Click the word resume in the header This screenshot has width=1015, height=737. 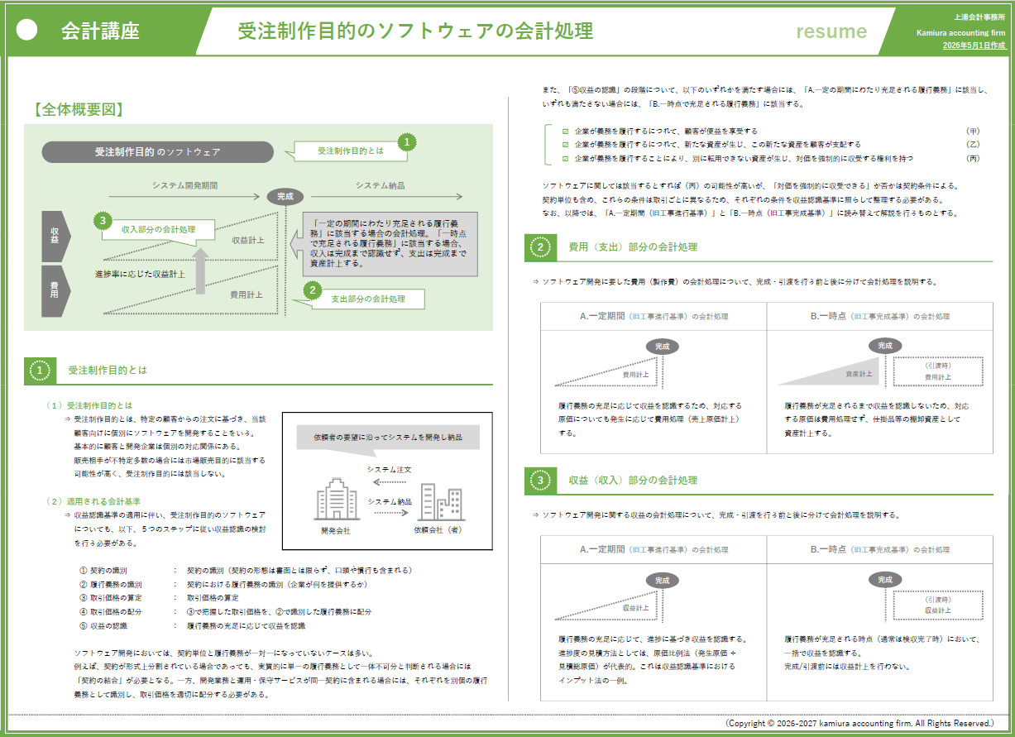831,31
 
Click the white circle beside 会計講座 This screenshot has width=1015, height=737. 26,30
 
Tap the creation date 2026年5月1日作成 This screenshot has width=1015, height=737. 974,45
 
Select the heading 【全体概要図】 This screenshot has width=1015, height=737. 79,109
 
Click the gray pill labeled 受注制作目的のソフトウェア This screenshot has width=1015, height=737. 158,151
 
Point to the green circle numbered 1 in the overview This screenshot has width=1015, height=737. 407,142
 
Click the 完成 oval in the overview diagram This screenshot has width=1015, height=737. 285,196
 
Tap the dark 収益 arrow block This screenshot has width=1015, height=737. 55,236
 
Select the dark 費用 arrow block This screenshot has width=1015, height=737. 55,291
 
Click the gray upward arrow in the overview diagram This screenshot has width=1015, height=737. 200,270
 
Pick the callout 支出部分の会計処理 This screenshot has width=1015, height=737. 368,299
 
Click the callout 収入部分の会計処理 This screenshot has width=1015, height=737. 158,231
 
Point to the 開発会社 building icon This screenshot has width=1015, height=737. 337,499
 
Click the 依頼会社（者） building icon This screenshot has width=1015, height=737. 442,501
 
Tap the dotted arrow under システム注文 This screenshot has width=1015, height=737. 390,481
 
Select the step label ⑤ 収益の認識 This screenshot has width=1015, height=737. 103,626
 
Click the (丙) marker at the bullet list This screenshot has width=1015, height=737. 973,159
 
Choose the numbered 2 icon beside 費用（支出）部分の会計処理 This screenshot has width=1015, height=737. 540,247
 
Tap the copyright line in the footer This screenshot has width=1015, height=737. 859,723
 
